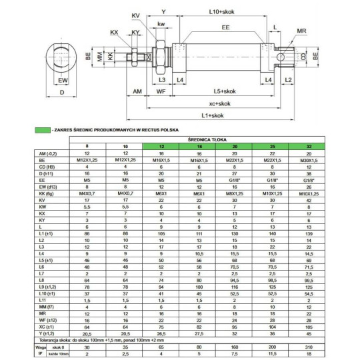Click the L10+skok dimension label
point(221,12)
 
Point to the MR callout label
point(301,31)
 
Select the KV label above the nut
point(136,15)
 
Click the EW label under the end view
point(63,81)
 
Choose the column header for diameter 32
point(308,146)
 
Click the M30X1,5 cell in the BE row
point(308,160)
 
